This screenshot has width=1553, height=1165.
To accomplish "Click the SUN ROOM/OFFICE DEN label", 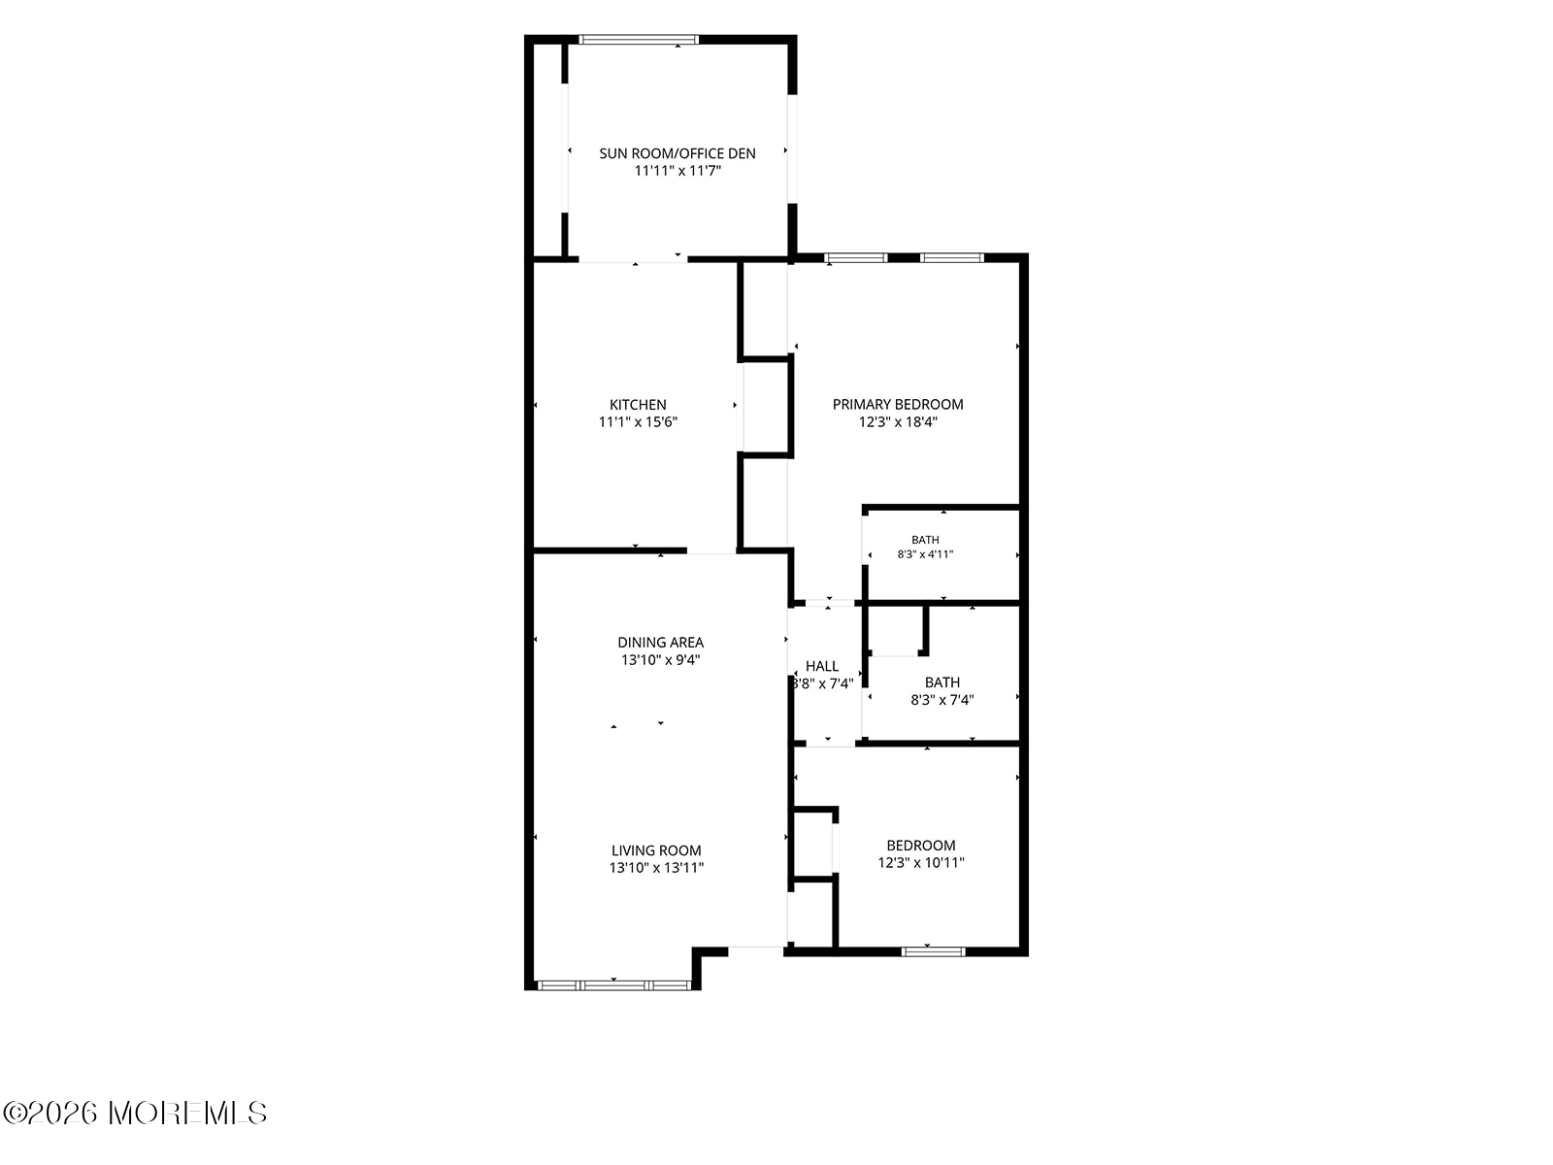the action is click(677, 153).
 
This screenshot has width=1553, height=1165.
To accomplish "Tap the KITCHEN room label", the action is click(638, 405).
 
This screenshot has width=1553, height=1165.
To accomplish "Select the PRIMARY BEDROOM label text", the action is click(897, 404).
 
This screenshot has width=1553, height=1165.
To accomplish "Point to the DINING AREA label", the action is click(660, 643).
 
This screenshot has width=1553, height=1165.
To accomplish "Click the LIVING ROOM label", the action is click(656, 850).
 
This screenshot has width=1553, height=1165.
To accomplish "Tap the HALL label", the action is click(821, 666).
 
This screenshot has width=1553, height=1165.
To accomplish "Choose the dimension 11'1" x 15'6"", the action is click(638, 422).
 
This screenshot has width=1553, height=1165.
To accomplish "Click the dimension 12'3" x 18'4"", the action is click(897, 422).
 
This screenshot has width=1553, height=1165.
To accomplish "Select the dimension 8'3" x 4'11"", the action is click(925, 554).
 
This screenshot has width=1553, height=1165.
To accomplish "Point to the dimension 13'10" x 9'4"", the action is click(660, 660).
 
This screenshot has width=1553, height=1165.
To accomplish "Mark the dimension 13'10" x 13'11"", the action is click(656, 868).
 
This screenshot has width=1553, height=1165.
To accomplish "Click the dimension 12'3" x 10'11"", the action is click(920, 863).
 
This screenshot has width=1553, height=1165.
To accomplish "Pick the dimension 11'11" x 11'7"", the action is click(677, 171).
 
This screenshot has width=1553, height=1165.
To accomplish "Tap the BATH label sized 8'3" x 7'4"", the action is click(942, 682).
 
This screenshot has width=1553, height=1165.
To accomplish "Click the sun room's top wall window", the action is click(638, 40).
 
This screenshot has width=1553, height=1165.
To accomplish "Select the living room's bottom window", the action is click(613, 985).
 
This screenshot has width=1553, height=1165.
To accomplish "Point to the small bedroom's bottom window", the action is click(933, 951).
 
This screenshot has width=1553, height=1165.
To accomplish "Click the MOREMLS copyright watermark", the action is click(134, 1114).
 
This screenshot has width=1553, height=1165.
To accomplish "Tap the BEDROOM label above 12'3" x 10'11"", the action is click(920, 846).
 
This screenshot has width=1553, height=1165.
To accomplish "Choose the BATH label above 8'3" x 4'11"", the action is click(925, 540).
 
